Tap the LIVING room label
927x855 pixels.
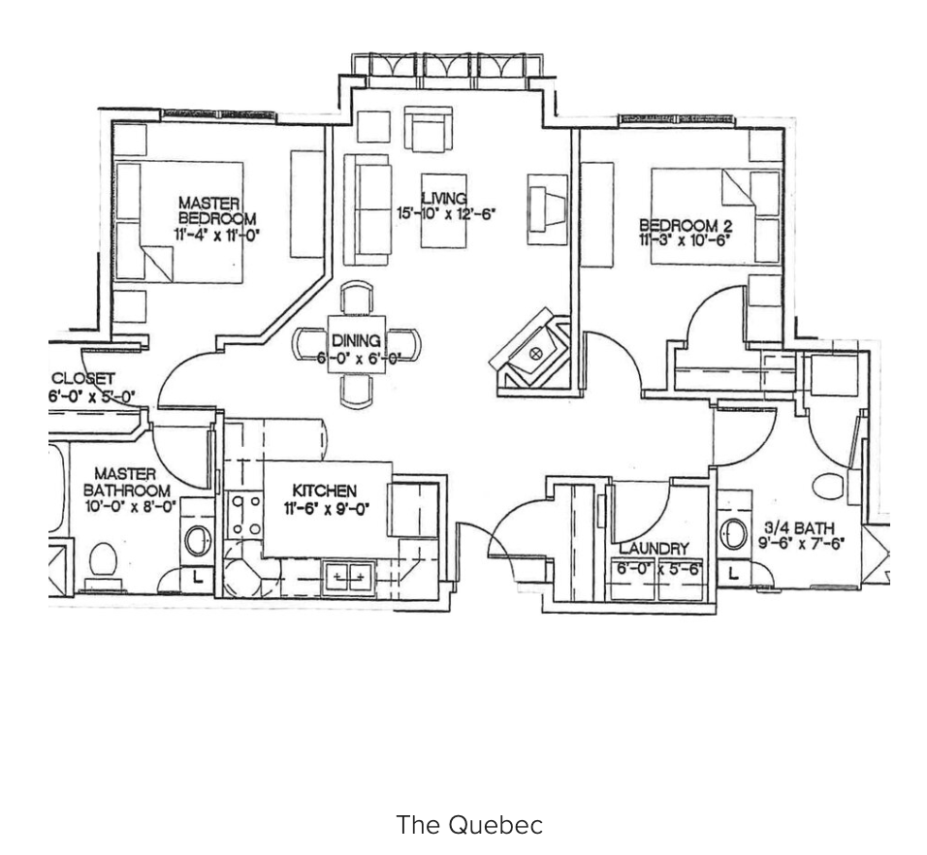(443, 199)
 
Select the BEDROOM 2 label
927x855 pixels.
(686, 225)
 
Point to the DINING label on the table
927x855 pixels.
(356, 340)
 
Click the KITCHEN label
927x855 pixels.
(325, 491)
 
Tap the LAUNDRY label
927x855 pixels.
(654, 549)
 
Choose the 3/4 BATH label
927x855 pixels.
(799, 527)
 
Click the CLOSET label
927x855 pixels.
(82, 378)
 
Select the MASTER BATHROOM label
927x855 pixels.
(126, 482)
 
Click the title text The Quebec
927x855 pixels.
(469, 825)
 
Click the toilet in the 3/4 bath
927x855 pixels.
(828, 485)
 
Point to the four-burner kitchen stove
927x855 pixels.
(245, 515)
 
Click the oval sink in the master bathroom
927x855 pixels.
(198, 540)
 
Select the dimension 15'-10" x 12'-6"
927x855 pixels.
(445, 213)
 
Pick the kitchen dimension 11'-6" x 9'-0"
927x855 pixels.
(327, 508)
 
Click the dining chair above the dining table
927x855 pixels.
(357, 298)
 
